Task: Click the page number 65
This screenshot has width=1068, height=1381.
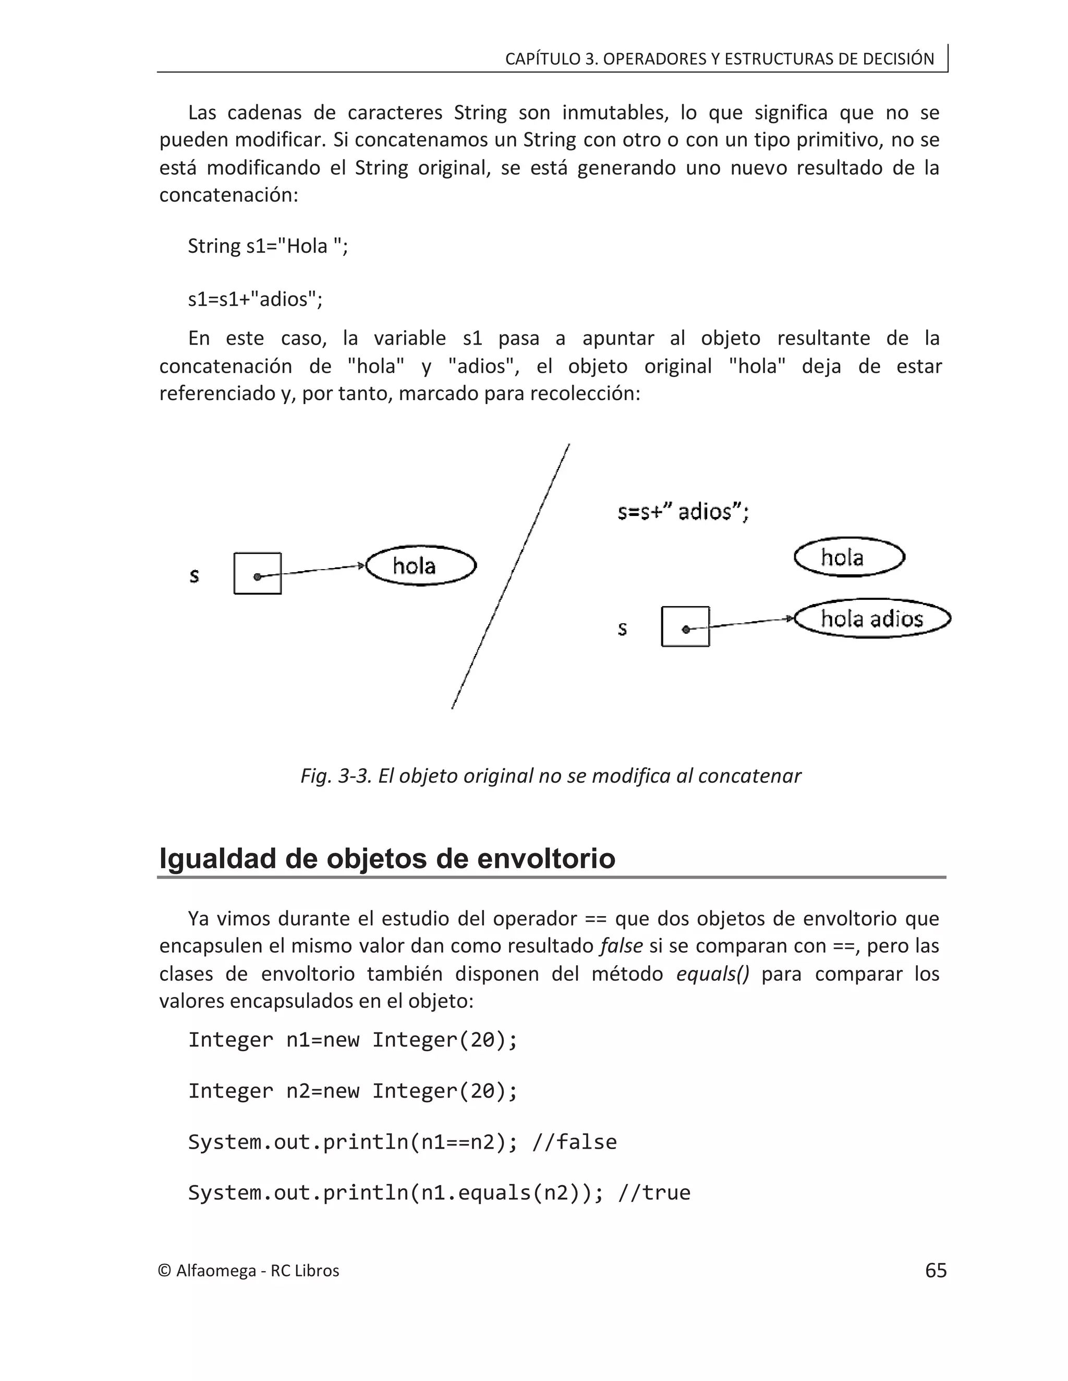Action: (935, 1271)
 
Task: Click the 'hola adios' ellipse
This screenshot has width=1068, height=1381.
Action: (872, 619)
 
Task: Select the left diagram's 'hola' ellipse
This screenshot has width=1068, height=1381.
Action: (421, 565)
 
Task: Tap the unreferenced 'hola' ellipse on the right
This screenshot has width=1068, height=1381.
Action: (849, 557)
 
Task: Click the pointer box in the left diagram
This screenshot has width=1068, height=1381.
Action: (258, 574)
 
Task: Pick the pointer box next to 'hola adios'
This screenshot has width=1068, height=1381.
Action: (685, 626)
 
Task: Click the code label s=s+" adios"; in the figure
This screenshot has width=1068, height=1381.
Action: (683, 511)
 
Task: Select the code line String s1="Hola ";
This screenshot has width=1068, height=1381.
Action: (268, 245)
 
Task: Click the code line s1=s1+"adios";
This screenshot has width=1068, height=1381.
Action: (255, 299)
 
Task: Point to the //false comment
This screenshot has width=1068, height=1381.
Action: (575, 1142)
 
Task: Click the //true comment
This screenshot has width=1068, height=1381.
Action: (654, 1192)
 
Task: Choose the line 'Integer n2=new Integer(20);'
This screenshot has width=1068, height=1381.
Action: (353, 1091)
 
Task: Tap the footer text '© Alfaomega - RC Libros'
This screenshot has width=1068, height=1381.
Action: (249, 1271)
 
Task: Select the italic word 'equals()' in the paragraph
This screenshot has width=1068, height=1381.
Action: (712, 974)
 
